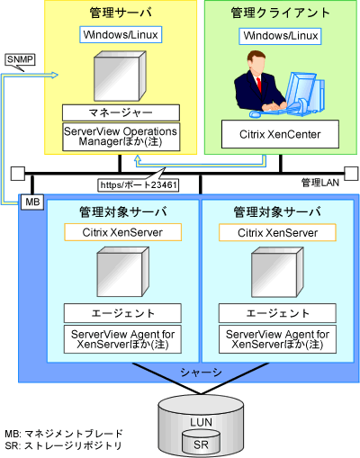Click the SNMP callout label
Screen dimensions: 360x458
coord(20,59)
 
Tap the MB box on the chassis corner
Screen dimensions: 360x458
coord(32,202)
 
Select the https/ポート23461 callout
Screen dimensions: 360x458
coord(139,185)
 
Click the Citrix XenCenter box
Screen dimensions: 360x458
coord(280,134)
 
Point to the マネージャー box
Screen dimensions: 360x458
coord(121,112)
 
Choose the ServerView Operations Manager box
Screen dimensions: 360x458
coord(121,137)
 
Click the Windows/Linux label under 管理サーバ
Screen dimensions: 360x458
coord(121,35)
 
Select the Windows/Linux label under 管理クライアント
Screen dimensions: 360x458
coord(280,36)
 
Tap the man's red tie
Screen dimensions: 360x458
coord(259,85)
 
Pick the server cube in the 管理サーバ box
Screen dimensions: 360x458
coord(120,76)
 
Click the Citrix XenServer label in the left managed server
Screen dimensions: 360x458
coord(122,232)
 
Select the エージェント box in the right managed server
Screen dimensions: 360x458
coord(277,313)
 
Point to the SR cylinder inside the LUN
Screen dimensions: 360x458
coord(201,442)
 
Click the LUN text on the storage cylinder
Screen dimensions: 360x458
coord(201,422)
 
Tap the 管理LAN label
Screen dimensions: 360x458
coord(320,183)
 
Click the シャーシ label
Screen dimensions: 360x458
coord(201,373)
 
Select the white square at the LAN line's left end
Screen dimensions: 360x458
coord(18,174)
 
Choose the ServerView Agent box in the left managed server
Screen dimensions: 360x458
coord(122,339)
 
